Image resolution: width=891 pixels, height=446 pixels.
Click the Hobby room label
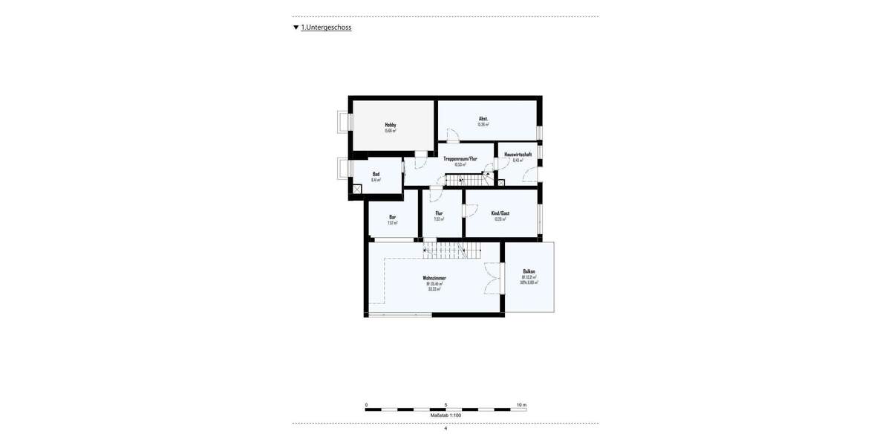coord(391,125)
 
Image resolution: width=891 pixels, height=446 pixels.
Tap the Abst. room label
coord(483,119)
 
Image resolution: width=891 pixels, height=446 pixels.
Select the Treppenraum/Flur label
coord(460,159)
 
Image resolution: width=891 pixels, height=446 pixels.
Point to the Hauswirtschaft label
coord(518,155)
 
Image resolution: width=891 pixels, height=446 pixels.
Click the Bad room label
coord(376,174)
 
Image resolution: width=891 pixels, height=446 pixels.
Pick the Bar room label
coord(392,217)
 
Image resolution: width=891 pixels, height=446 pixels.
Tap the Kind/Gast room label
coord(500,213)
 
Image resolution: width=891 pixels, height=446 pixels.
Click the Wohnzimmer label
coord(434,278)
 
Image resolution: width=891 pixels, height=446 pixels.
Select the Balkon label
coord(529,271)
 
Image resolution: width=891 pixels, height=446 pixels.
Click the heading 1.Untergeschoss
coord(326,28)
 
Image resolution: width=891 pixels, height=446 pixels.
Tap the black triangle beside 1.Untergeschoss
coord(296,28)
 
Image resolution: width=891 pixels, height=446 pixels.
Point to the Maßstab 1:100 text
coord(446,416)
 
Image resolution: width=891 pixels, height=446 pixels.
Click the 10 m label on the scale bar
coord(521,405)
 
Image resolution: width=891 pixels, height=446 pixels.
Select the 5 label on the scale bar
coord(446,405)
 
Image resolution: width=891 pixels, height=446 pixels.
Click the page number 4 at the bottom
coord(446,428)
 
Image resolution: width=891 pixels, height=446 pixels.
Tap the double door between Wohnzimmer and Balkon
coord(493,278)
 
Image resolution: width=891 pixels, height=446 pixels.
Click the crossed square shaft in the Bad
coord(357,190)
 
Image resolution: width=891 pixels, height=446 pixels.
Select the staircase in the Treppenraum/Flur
coord(465,180)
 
